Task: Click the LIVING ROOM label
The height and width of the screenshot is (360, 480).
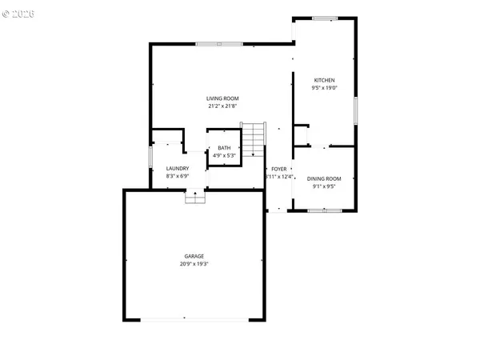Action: point(223,98)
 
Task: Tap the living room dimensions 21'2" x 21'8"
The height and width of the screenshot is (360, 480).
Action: point(223,106)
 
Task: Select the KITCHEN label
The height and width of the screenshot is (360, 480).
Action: point(324,80)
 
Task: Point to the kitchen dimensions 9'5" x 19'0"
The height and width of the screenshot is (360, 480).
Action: point(324,88)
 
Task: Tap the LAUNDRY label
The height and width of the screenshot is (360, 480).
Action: point(177,168)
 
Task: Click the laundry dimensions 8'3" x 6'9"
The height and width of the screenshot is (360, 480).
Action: point(177,176)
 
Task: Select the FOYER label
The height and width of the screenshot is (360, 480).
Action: point(278,169)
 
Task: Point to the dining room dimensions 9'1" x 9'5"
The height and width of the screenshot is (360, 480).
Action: point(326,186)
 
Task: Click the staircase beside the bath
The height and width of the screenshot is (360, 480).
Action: point(252,140)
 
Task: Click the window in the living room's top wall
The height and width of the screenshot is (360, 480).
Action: point(219,43)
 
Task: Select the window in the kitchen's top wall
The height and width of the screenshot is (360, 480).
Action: point(324,17)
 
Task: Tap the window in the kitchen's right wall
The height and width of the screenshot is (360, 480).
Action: point(355,108)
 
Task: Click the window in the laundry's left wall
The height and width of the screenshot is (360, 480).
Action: point(151,158)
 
